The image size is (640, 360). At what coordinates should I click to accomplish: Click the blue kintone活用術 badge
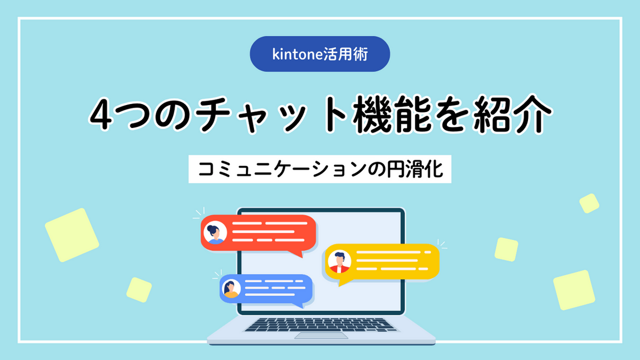click(x=319, y=54)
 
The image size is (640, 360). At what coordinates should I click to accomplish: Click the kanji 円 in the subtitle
click(x=393, y=169)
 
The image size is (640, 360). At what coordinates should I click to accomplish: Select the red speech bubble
click(x=259, y=234)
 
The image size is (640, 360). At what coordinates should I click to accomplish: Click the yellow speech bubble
click(x=382, y=262)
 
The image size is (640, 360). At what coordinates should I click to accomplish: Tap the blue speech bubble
click(x=266, y=289)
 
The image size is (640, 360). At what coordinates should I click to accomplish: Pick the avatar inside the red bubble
click(x=215, y=233)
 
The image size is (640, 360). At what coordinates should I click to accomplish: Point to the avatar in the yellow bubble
click(x=339, y=261)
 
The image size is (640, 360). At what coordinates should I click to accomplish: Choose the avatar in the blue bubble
click(x=231, y=289)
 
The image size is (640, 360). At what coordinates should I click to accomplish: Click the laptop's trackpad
click(x=320, y=335)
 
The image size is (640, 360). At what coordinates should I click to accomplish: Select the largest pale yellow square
click(x=72, y=235)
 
